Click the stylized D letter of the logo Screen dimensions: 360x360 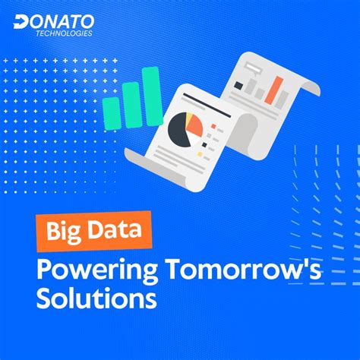click(21, 21)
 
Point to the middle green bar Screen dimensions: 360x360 click(131, 104)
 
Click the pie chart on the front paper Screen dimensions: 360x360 click(185, 127)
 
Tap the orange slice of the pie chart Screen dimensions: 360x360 click(194, 124)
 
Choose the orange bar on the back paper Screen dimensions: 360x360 click(277, 90)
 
